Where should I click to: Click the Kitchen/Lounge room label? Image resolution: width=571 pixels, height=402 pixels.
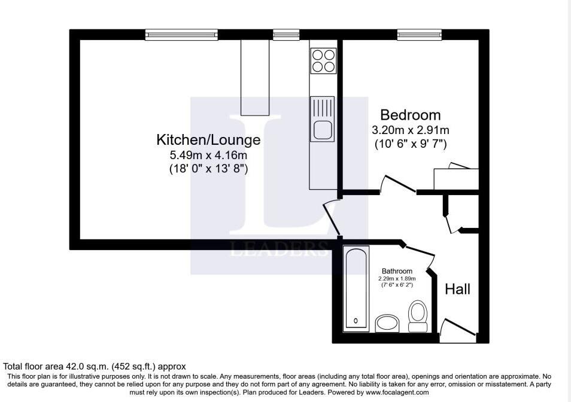[208, 140]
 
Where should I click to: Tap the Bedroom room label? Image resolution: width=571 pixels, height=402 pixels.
[411, 115]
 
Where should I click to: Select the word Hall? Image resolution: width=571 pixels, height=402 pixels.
[458, 289]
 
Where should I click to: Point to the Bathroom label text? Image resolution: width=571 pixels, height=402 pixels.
[397, 271]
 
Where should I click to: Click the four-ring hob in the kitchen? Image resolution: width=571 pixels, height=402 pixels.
[323, 60]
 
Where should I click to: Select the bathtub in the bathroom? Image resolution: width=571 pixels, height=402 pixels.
[356, 288]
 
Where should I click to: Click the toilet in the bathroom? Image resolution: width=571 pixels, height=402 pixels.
[417, 316]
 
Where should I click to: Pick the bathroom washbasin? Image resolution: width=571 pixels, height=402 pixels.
[387, 323]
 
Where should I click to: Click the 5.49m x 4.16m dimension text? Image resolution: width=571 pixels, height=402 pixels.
[208, 156]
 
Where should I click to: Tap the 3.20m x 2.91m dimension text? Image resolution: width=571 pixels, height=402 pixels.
[411, 130]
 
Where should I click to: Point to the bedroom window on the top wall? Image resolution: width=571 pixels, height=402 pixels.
[420, 35]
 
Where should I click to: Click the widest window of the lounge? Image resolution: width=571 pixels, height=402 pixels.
[181, 35]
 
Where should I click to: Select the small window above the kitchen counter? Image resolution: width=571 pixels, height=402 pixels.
[286, 35]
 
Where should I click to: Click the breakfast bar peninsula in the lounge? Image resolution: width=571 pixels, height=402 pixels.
[254, 77]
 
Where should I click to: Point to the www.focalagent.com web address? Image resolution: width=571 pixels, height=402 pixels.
[397, 392]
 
